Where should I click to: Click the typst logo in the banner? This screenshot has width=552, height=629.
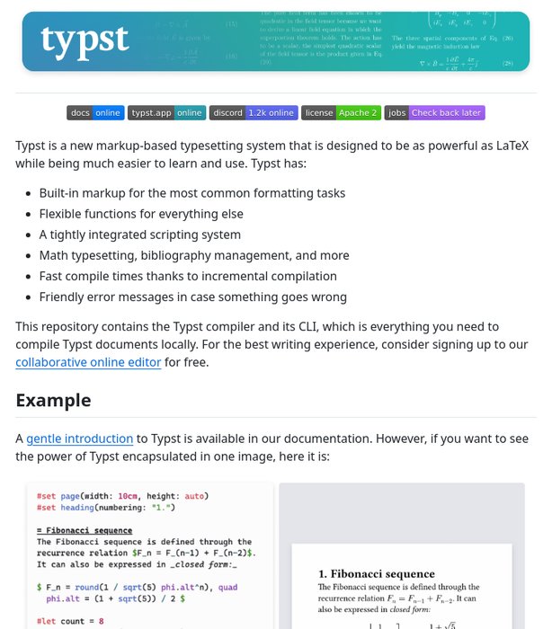[x=85, y=40]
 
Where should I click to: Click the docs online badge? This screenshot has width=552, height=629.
[x=95, y=113]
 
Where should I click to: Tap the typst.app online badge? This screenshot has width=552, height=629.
[x=166, y=113]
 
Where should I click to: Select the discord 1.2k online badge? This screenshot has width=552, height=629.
[x=254, y=113]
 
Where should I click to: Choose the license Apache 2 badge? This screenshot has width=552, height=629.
[x=341, y=113]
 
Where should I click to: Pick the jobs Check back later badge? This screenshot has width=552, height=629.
[x=434, y=113]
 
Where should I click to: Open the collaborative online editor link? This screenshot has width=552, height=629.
[x=88, y=362]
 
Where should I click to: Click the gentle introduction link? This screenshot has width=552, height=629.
[x=80, y=439]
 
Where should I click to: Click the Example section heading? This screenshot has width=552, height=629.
[x=53, y=401]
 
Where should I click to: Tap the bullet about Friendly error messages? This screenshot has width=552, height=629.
[x=192, y=297]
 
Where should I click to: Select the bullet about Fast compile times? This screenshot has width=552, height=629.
[x=188, y=276]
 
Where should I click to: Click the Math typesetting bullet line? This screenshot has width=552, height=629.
[x=194, y=255]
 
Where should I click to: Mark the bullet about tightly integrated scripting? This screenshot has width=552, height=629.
[x=139, y=235]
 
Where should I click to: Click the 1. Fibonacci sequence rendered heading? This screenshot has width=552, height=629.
[x=377, y=573]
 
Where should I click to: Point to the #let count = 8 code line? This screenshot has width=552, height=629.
[x=70, y=621]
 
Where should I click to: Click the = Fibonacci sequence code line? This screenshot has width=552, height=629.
[x=85, y=531]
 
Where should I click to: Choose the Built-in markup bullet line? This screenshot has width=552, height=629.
[x=191, y=193]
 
